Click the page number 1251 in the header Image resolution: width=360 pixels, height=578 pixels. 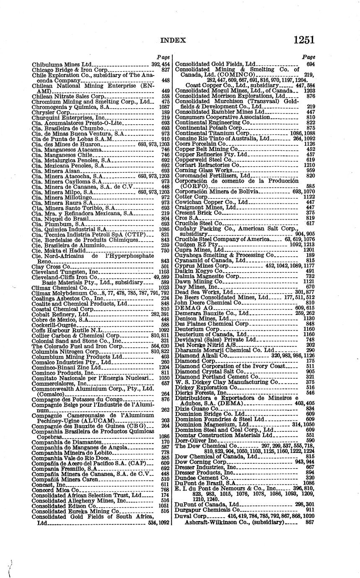coord(304,40)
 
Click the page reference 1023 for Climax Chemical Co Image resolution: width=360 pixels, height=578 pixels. coord(164,288)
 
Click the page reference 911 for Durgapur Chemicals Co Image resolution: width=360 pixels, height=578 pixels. coord(310,510)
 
